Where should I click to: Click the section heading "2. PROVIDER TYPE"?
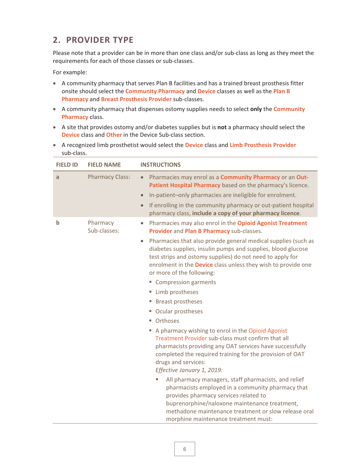(x=93, y=40)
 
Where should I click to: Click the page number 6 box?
(x=185, y=449)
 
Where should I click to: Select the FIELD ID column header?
(x=67, y=165)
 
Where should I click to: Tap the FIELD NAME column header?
(x=104, y=165)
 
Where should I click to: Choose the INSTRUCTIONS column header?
(x=160, y=165)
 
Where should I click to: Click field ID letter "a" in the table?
(x=58, y=177)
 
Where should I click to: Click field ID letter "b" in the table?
(x=58, y=223)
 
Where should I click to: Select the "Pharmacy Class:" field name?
(x=109, y=177)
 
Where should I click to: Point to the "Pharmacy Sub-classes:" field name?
(x=103, y=227)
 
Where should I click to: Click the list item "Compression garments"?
(x=185, y=282)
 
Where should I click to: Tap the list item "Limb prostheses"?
(x=177, y=292)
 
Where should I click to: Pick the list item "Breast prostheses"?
(x=178, y=302)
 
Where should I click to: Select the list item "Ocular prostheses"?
(x=179, y=311)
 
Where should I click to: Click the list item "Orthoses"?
(x=167, y=321)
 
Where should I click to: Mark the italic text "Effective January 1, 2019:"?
(x=189, y=370)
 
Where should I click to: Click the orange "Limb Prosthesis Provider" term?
(x=263, y=145)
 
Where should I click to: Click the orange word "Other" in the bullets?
(x=114, y=135)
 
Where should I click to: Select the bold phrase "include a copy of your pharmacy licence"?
(x=246, y=213)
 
